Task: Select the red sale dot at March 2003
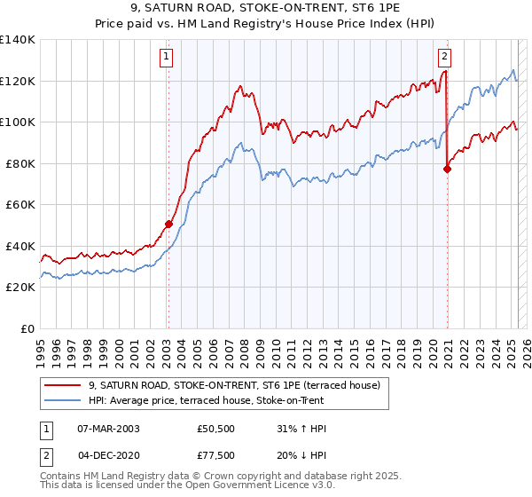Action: (x=168, y=225)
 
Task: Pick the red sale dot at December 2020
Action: (x=447, y=169)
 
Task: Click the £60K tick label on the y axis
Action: (x=20, y=204)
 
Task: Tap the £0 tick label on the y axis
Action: (x=27, y=328)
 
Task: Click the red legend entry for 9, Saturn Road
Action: (x=234, y=385)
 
